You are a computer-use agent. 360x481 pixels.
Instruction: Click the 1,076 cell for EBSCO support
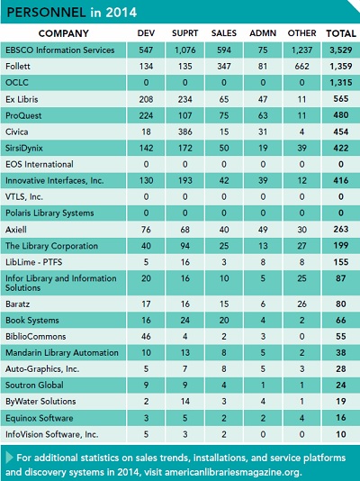click(185, 50)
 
